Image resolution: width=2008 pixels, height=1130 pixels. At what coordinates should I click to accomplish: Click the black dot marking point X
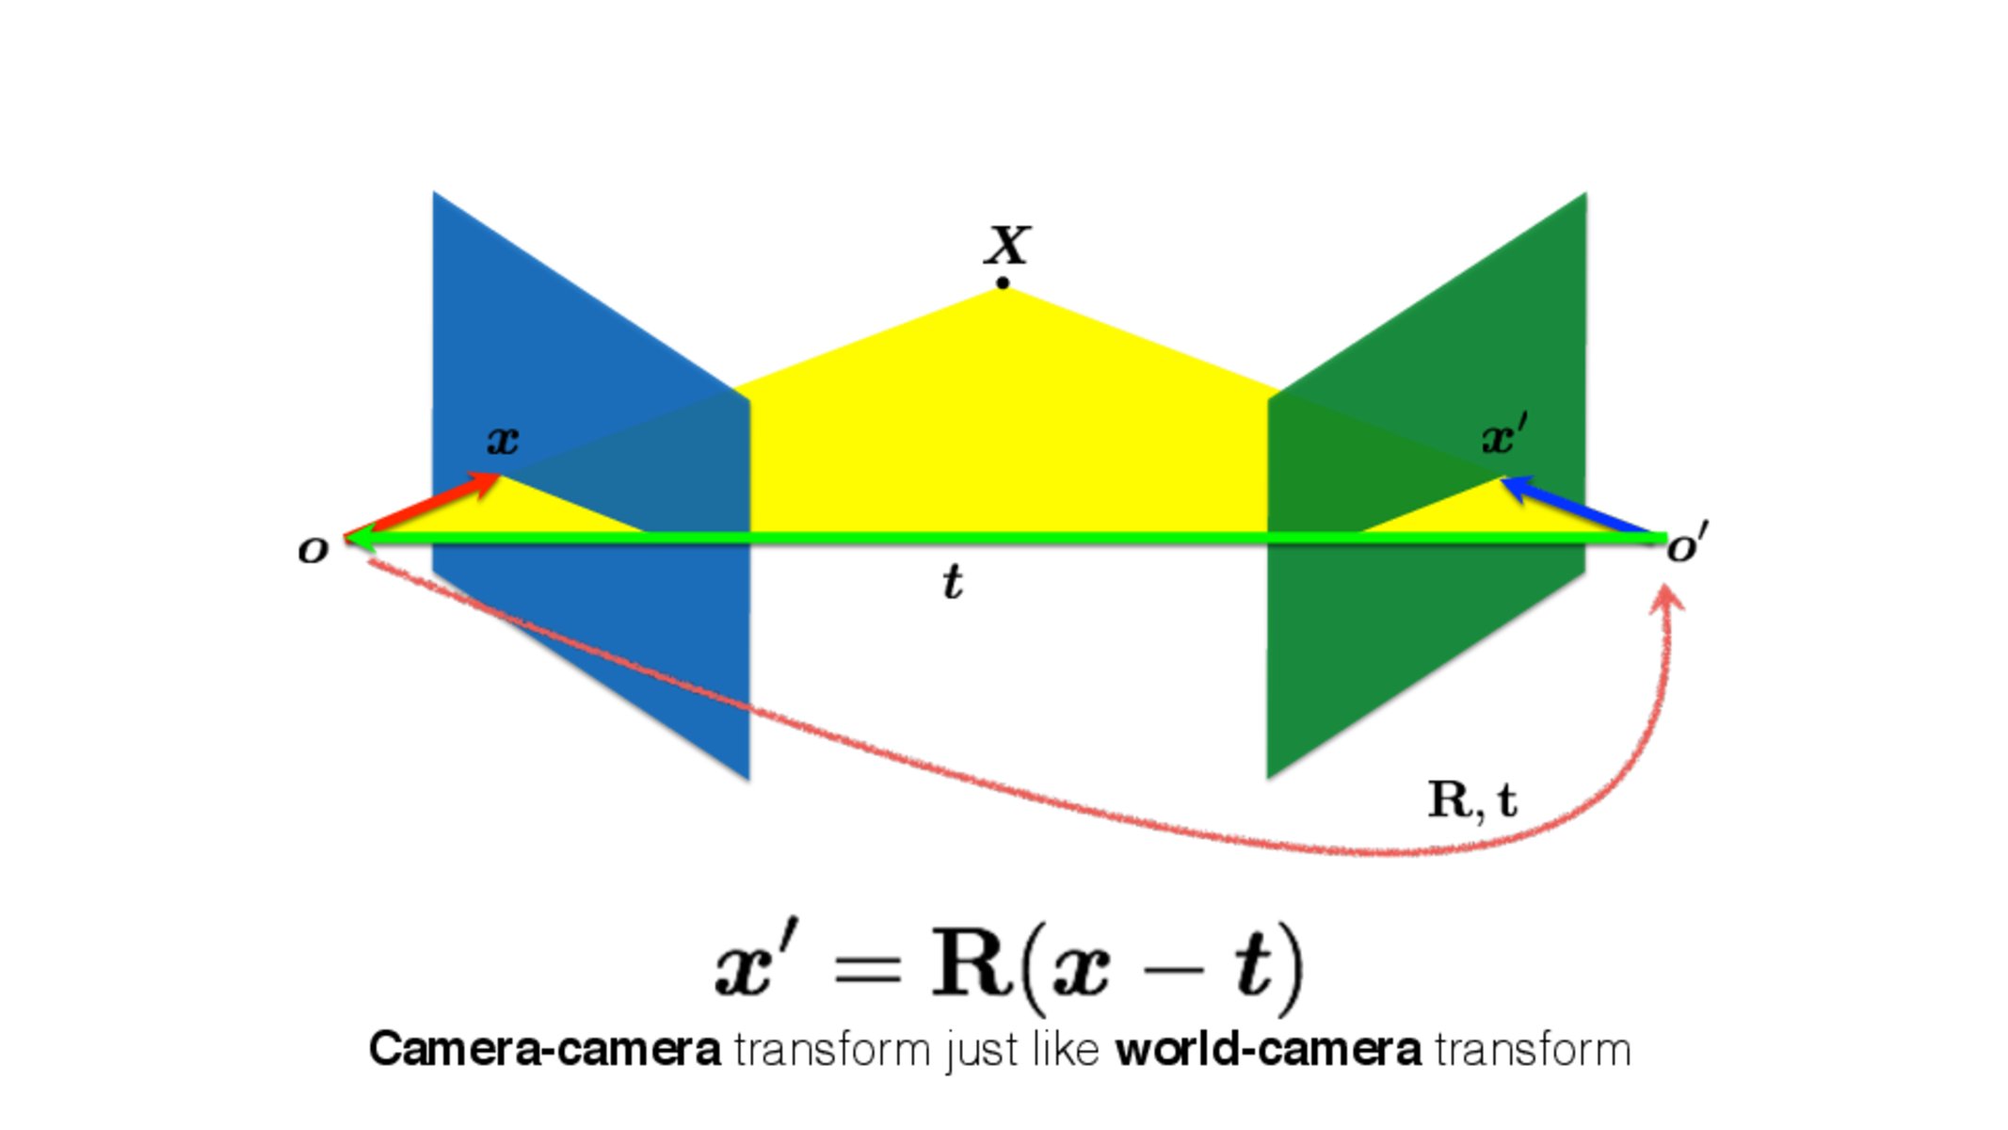(x=1003, y=282)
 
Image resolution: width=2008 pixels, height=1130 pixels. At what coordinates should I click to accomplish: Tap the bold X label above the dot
(x=1007, y=245)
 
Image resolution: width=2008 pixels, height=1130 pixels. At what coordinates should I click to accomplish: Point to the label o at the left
(x=313, y=550)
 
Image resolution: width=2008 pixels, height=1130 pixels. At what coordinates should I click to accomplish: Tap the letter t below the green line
(x=953, y=582)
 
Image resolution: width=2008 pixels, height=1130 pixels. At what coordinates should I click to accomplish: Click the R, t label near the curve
(x=1472, y=800)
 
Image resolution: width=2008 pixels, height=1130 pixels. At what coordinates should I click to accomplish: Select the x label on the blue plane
(x=503, y=440)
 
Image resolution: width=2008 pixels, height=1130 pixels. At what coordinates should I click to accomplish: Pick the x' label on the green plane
(x=1504, y=436)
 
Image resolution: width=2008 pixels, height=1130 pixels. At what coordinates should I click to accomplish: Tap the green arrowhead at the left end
(x=360, y=539)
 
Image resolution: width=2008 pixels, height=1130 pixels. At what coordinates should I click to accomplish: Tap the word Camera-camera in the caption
(x=544, y=1049)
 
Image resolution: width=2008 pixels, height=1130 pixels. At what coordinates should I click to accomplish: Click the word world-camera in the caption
(x=1267, y=1049)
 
